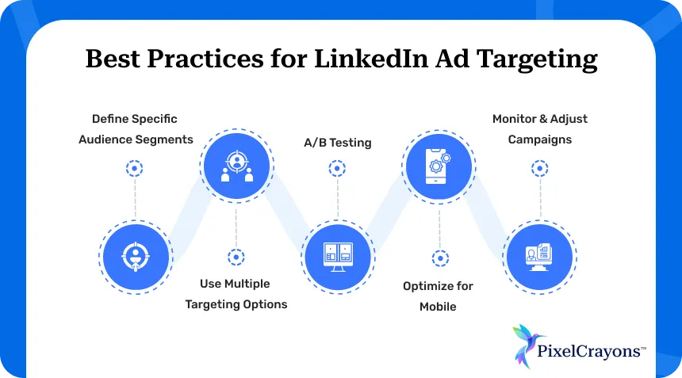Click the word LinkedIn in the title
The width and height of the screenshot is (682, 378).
pos(362,60)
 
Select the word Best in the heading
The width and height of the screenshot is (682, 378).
pos(113,60)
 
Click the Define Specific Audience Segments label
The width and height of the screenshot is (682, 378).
pos(135,129)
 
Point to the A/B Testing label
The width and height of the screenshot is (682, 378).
pos(337,143)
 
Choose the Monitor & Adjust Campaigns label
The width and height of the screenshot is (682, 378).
pos(540,129)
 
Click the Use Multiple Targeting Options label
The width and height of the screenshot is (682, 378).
pos(236,294)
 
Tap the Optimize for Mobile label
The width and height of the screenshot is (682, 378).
pos(438,296)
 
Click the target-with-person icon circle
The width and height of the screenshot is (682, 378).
pos(136,255)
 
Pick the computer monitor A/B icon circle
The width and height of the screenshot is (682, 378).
pos(337,255)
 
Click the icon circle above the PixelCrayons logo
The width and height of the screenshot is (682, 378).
pos(540,255)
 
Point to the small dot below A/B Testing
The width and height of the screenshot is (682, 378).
pos(337,168)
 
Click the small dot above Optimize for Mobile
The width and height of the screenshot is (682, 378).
pos(439,258)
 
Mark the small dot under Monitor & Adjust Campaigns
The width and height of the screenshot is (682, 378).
pos(540,168)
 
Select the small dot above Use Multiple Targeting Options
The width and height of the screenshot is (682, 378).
pos(236,257)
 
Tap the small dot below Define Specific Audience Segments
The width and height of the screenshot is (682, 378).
pos(135,168)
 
